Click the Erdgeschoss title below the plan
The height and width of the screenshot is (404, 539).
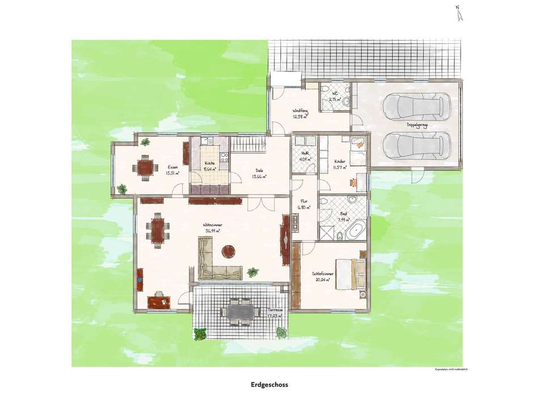[x=269, y=384]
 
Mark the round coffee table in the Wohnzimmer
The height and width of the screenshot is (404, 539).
[x=229, y=250]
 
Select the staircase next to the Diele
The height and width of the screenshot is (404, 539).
[x=250, y=144]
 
